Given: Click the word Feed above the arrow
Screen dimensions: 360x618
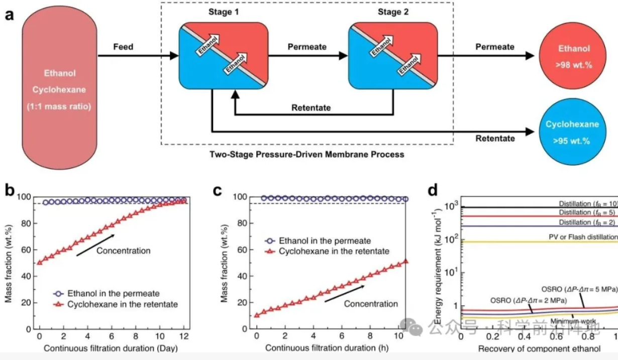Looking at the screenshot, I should (x=123, y=47).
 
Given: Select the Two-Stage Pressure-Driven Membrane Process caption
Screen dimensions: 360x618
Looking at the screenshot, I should (x=306, y=155).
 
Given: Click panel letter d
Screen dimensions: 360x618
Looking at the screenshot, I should (x=436, y=190).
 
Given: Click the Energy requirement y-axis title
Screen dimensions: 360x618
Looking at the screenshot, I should (x=438, y=269).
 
